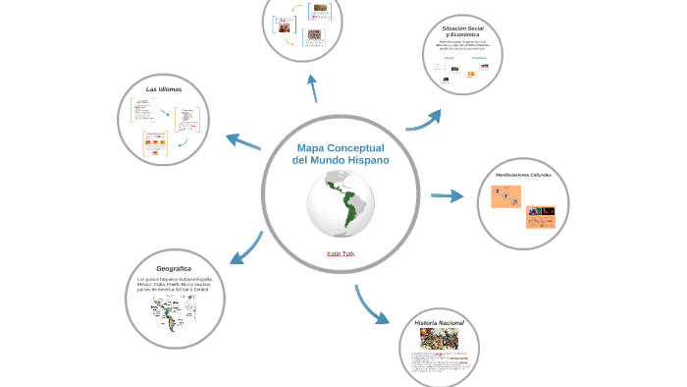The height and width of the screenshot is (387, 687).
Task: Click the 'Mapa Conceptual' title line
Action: click(341, 147)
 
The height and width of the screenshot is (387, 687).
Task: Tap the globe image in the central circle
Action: click(341, 203)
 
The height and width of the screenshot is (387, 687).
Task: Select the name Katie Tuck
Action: click(341, 253)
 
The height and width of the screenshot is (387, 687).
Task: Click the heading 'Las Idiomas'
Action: click(163, 89)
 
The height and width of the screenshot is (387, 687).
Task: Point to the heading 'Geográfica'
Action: click(174, 268)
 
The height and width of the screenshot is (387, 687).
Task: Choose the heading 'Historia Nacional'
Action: click(439, 322)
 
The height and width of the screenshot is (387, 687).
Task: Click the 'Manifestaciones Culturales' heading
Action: click(523, 175)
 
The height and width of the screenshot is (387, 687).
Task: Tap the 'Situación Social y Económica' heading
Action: click(462, 31)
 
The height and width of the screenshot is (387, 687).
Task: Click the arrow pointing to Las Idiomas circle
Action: click(243, 141)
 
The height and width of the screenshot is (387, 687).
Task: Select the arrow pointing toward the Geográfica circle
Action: click(246, 249)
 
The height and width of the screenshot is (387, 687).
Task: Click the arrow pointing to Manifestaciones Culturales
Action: click(448, 196)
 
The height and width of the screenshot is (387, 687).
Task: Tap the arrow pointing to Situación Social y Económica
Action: click(424, 120)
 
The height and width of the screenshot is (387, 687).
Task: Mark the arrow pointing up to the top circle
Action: click(313, 87)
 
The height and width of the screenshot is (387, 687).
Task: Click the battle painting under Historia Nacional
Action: click(439, 339)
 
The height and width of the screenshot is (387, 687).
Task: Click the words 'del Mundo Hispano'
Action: click(341, 159)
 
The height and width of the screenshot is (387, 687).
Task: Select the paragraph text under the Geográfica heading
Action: click(174, 286)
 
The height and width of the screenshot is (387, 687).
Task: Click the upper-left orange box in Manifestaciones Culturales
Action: click(507, 196)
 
